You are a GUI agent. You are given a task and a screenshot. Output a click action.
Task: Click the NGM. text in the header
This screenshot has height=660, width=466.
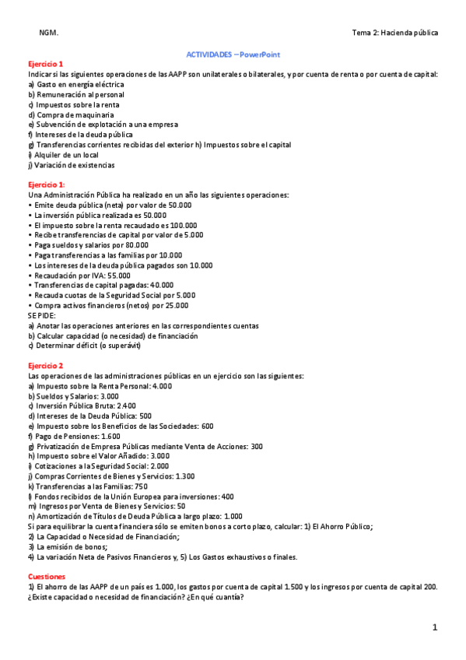point(48,33)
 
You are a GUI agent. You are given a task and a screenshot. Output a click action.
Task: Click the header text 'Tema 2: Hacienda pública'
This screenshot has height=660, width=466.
point(394,33)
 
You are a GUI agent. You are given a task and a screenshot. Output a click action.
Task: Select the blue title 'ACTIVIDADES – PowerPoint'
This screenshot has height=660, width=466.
point(233,54)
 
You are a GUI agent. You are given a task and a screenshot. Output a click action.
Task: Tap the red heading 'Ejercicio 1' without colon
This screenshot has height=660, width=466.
point(45,64)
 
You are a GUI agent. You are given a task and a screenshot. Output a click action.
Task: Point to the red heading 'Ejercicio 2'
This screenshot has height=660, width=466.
point(45,366)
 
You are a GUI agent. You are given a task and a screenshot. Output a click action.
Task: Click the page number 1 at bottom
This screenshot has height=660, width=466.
point(436,627)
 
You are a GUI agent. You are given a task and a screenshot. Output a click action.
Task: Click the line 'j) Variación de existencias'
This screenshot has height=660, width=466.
point(72,165)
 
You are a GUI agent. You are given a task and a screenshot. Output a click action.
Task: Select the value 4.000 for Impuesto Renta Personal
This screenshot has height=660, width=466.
point(162,386)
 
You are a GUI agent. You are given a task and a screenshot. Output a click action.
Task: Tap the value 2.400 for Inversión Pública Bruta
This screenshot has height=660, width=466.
point(126,406)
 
